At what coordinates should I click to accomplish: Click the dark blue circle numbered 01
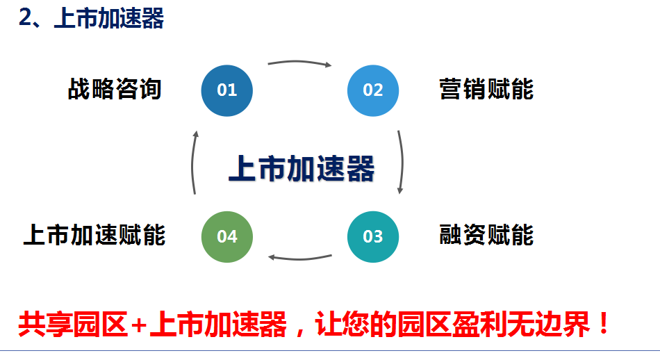tap(227, 90)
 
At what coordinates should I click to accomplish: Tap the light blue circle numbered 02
tap(373, 90)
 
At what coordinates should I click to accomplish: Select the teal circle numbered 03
tap(373, 236)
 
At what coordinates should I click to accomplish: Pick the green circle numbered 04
tap(227, 236)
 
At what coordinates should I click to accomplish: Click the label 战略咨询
tap(115, 89)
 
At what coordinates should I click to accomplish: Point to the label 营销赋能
tap(486, 89)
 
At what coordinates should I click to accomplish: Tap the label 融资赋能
tap(486, 234)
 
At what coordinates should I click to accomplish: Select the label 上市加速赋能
tap(94, 234)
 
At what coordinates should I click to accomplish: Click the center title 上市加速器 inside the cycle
tap(302, 168)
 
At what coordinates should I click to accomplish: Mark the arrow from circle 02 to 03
tap(402, 162)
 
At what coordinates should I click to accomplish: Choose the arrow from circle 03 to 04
tap(299, 259)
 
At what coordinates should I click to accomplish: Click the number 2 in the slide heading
tap(25, 18)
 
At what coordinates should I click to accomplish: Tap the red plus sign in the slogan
tap(138, 325)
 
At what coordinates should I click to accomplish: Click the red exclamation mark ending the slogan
tap(604, 324)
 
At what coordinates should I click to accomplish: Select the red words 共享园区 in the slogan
tap(73, 325)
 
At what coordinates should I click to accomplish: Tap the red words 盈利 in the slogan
tap(480, 325)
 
